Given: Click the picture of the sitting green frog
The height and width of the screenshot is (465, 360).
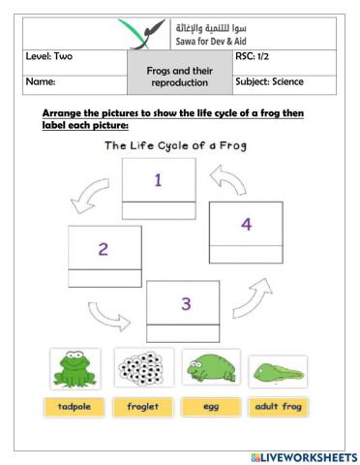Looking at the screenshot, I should pos(73,370).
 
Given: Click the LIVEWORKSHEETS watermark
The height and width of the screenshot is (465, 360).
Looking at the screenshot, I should pos(302,456).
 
